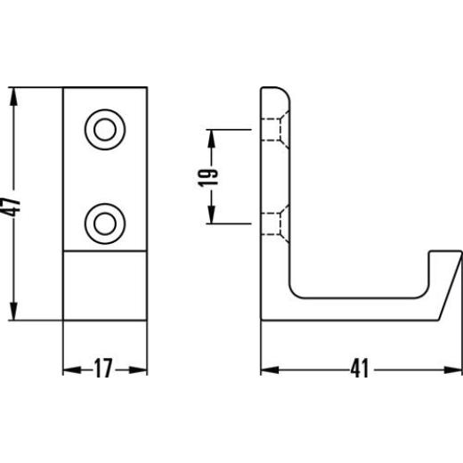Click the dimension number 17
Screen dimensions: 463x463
(103, 368)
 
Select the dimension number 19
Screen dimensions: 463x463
(207, 177)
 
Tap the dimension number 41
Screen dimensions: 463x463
(360, 368)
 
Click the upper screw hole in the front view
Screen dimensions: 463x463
(105, 130)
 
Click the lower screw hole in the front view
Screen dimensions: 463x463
(105, 223)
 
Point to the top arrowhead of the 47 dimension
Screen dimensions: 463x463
(13, 97)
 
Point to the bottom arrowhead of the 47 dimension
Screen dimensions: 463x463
(13, 311)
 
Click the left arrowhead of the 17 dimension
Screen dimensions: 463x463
(72, 370)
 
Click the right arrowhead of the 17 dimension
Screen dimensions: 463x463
(138, 370)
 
